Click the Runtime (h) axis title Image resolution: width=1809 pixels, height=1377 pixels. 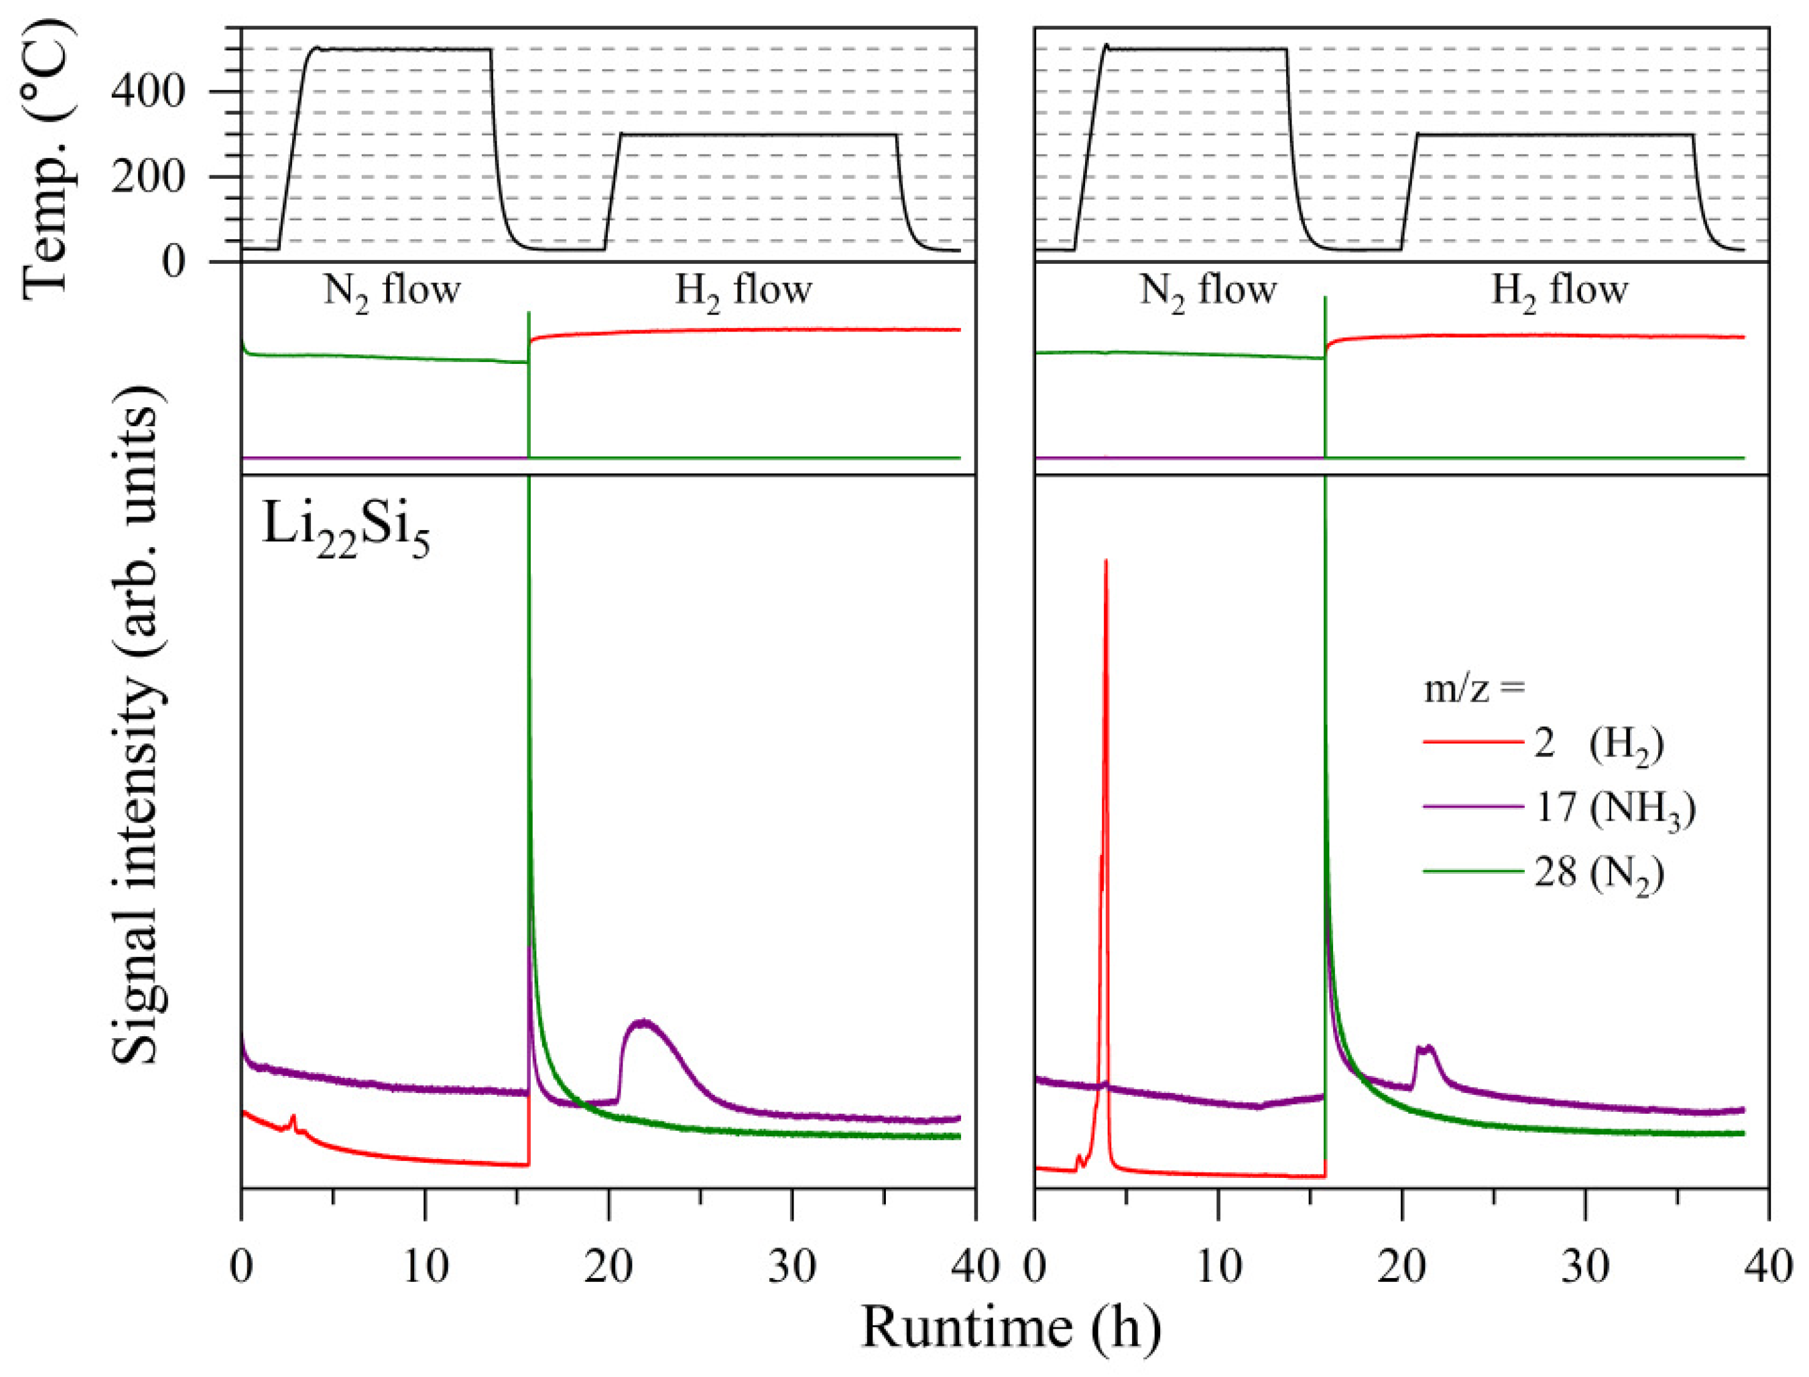pyautogui.click(x=1010, y=1327)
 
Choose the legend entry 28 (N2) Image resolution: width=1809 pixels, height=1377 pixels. pyautogui.click(x=1598, y=873)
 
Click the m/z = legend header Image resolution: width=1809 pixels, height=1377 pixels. pyautogui.click(x=1474, y=689)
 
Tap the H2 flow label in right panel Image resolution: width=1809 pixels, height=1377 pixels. pyautogui.click(x=1558, y=291)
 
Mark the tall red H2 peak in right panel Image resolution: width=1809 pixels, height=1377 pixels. pyautogui.click(x=1106, y=574)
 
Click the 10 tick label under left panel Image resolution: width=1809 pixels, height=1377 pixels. pyautogui.click(x=425, y=1267)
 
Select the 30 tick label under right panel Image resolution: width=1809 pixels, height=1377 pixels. pyautogui.click(x=1585, y=1267)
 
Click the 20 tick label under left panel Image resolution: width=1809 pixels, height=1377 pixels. pyautogui.click(x=608, y=1267)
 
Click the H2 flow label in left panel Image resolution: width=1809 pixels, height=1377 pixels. pyautogui.click(x=742, y=291)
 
